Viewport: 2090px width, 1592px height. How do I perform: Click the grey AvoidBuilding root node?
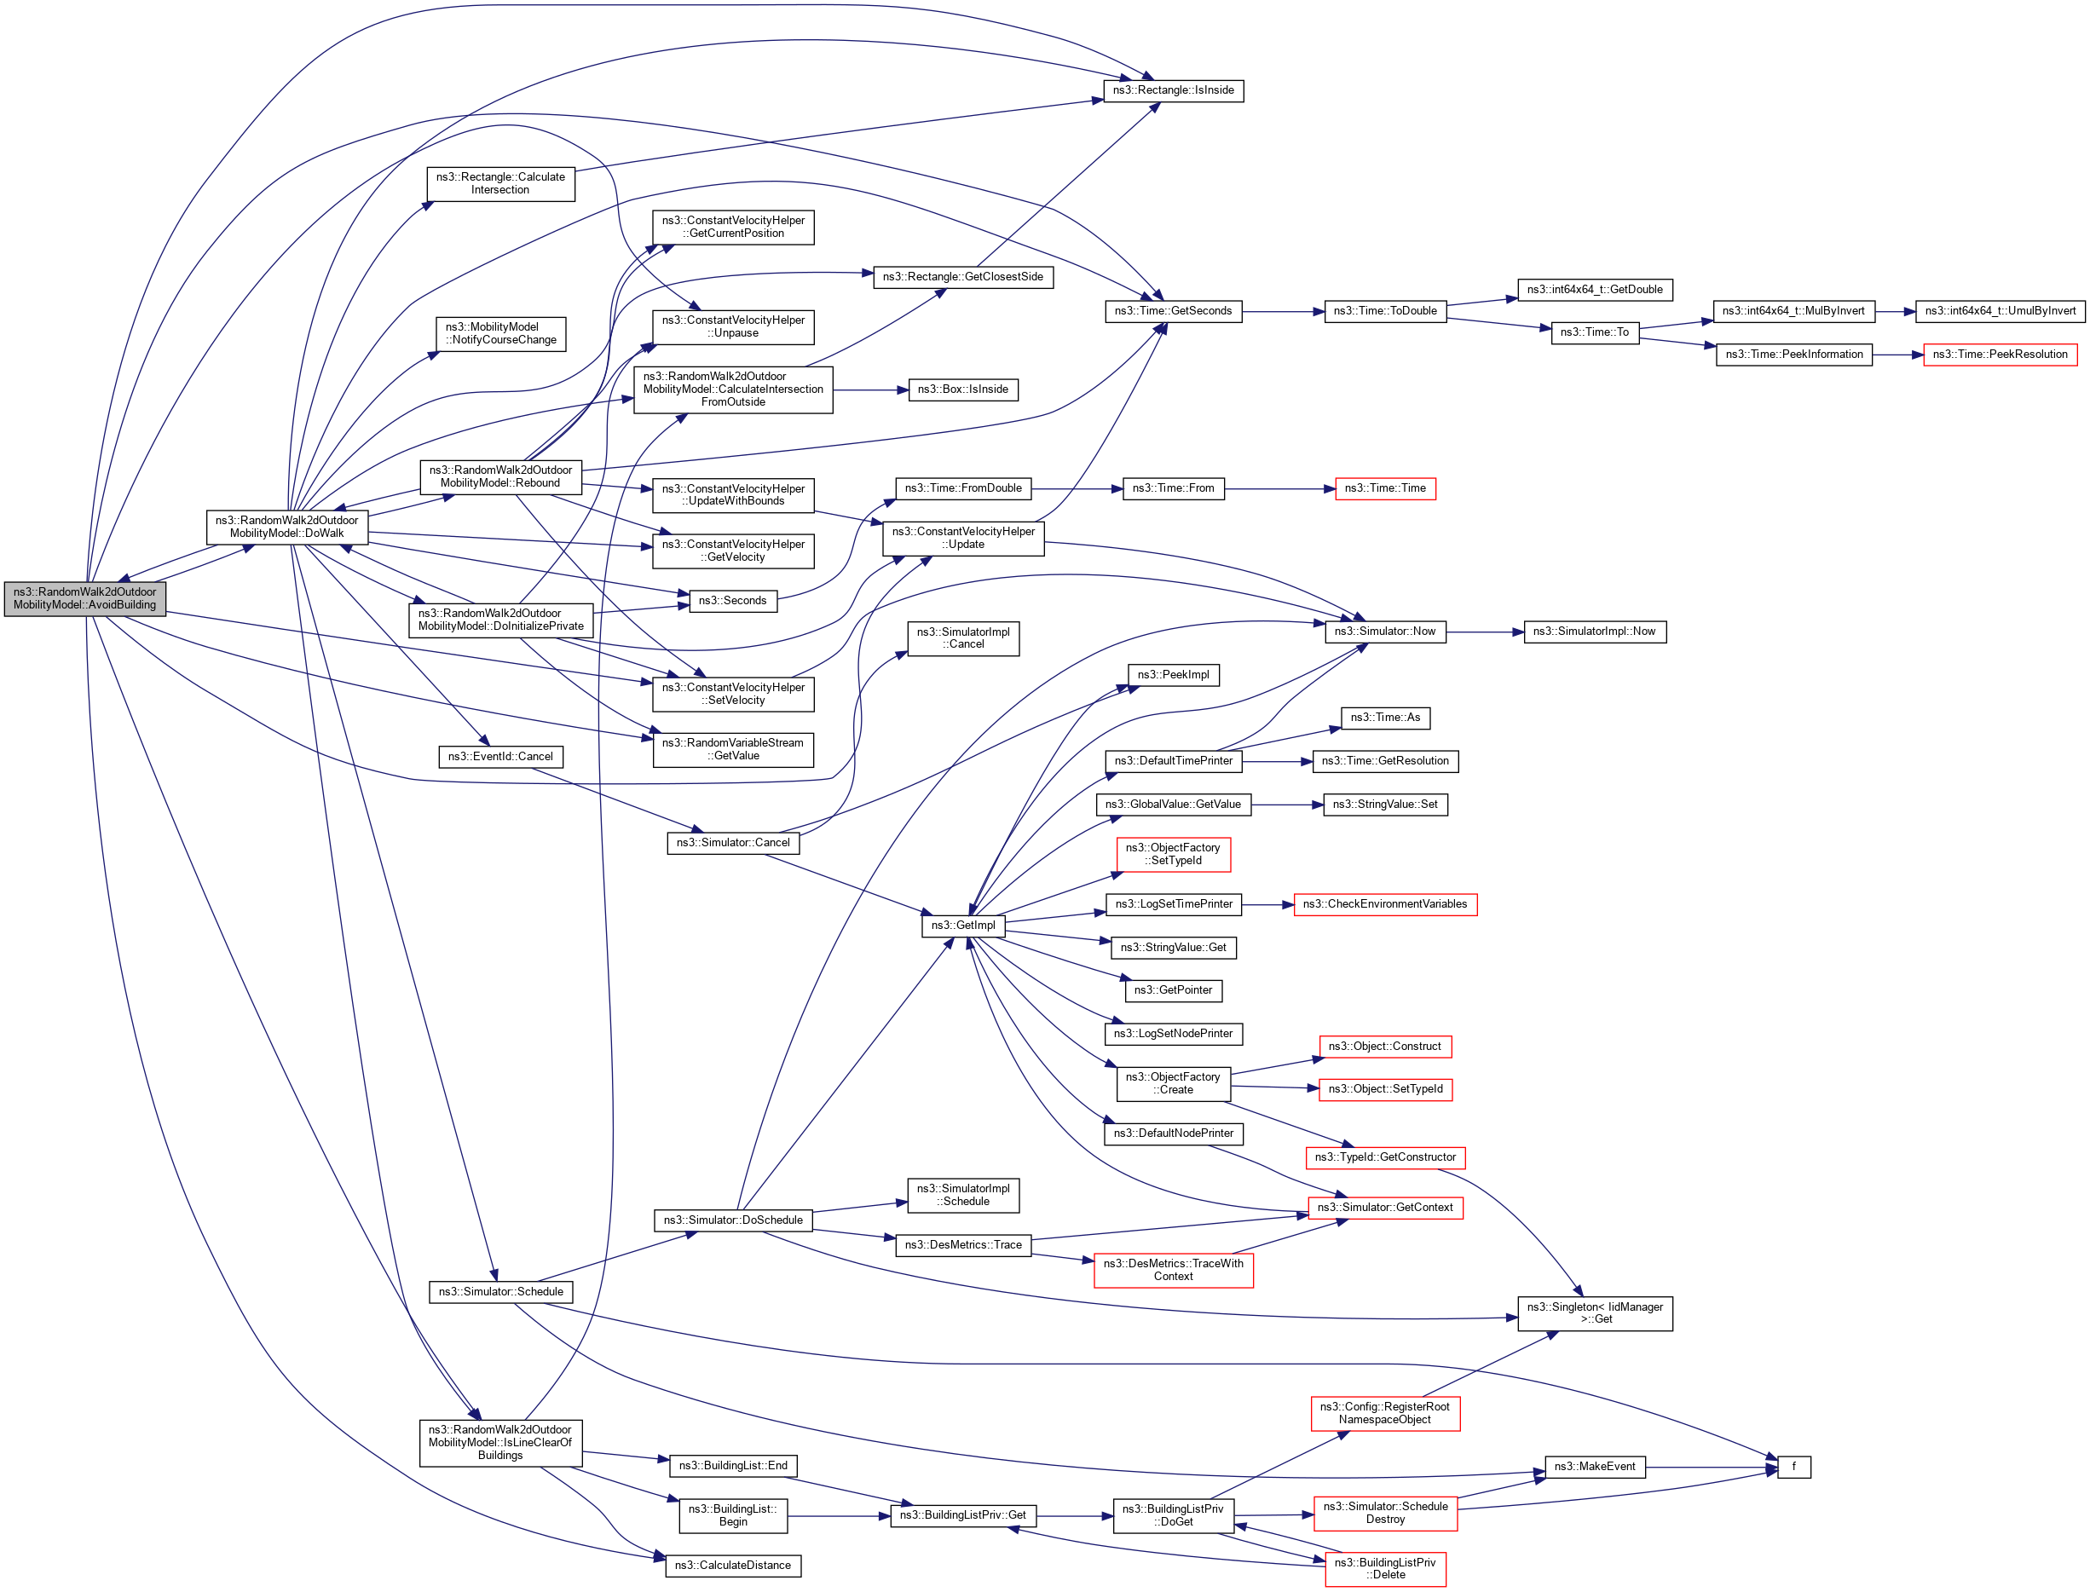point(84,598)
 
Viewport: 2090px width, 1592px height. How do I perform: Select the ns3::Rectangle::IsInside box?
point(1173,91)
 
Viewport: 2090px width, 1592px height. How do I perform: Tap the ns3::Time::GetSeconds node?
point(1173,311)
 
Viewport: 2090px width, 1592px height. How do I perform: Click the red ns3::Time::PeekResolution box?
point(1999,355)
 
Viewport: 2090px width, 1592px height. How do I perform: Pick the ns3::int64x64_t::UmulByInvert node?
point(1999,311)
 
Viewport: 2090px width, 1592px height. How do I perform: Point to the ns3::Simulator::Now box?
point(1384,632)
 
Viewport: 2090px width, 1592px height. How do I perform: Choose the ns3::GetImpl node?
point(962,925)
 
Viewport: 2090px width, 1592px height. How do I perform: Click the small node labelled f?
point(1793,1467)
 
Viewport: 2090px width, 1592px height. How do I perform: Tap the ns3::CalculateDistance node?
point(733,1566)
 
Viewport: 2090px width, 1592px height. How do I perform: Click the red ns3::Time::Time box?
point(1384,488)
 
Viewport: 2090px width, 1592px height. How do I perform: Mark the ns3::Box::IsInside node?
point(962,389)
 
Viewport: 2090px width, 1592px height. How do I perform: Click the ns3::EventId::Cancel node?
point(499,756)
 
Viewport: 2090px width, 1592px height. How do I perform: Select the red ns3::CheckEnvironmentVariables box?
point(1384,904)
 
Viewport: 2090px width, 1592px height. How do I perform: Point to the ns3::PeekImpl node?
point(1173,675)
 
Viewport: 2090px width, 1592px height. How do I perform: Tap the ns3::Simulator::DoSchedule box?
point(733,1220)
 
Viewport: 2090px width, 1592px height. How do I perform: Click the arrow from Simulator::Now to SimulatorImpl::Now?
point(1484,632)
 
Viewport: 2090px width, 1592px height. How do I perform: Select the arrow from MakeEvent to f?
point(1711,1467)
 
